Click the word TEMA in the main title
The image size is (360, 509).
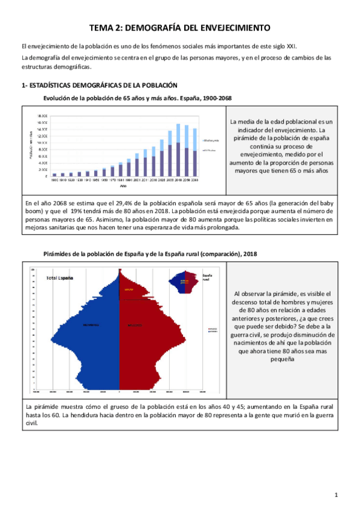click(103, 28)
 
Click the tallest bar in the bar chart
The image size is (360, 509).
click(178, 150)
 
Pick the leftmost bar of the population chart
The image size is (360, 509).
click(54, 174)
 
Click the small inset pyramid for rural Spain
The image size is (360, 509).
click(185, 282)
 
